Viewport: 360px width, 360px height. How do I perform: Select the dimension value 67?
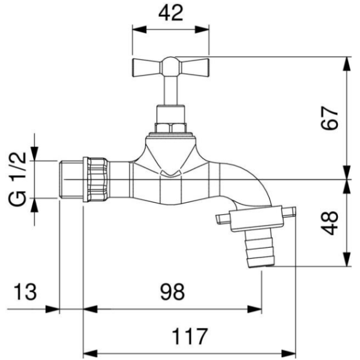(x=329, y=118)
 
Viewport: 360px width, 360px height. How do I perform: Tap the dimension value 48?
(x=329, y=223)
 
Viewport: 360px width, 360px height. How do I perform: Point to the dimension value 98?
(x=172, y=292)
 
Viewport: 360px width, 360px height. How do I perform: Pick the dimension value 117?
(x=190, y=336)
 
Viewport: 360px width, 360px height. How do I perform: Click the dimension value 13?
(x=25, y=292)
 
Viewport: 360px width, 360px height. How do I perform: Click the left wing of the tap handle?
(x=148, y=68)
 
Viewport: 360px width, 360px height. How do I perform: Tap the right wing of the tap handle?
(x=194, y=68)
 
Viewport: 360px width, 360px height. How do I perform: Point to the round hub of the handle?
(x=171, y=67)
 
